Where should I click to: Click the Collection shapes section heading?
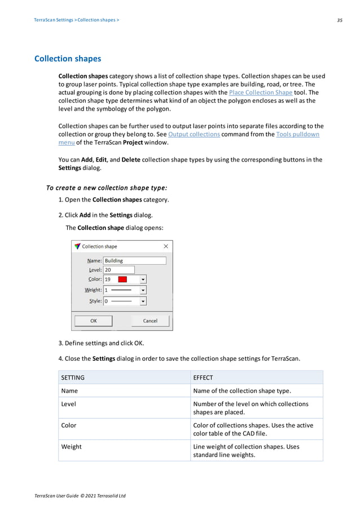pyautogui.click(x=68, y=59)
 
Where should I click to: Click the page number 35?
pyautogui.click(x=340, y=20)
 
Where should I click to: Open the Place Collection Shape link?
pyautogui.click(x=260, y=93)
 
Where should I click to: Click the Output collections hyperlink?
pyautogui.click(x=194, y=134)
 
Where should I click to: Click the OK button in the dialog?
pyautogui.click(x=94, y=321)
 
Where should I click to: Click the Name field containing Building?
pyautogui.click(x=134, y=261)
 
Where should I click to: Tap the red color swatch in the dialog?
pyautogui.click(x=122, y=280)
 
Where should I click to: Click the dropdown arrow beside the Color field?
pyautogui.click(x=143, y=280)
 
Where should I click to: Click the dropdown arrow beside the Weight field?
pyautogui.click(x=143, y=290)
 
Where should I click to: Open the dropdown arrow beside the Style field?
pyautogui.click(x=143, y=302)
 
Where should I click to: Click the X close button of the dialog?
pyautogui.click(x=165, y=247)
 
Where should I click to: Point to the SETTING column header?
pyautogui.click(x=73, y=377)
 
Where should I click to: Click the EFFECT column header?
pyautogui.click(x=203, y=377)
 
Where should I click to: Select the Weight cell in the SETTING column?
pyautogui.click(x=71, y=447)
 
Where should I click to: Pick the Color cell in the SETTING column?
pyautogui.click(x=68, y=425)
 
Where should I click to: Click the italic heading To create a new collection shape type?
pyautogui.click(x=107, y=188)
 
